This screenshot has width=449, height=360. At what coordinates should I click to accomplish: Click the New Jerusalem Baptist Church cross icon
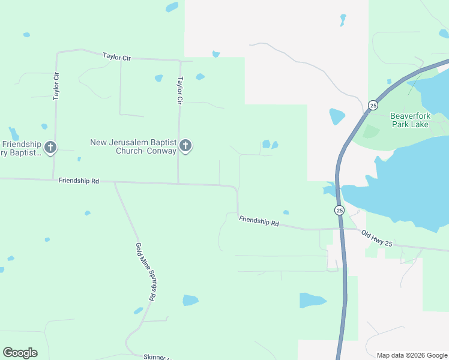click(185, 146)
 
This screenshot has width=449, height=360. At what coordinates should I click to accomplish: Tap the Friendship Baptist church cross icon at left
click(50, 147)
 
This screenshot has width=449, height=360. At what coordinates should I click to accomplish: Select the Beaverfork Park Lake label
click(410, 120)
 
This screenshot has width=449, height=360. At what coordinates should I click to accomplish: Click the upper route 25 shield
click(373, 105)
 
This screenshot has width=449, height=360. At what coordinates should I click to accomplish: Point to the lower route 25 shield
click(339, 210)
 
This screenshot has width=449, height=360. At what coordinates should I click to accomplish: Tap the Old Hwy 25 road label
click(376, 238)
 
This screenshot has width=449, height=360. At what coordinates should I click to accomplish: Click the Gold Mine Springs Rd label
click(145, 272)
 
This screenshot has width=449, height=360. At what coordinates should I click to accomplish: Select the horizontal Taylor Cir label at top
click(116, 56)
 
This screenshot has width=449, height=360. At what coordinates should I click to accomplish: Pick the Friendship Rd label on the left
click(79, 181)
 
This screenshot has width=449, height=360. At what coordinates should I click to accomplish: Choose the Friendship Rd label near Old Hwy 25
click(259, 221)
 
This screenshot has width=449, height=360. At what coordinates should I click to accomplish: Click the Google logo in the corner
click(20, 353)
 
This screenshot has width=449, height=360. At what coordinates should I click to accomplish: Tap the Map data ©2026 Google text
click(412, 355)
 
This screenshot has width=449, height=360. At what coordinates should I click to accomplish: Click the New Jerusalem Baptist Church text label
click(133, 146)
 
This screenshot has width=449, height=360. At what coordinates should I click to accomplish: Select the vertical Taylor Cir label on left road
click(56, 85)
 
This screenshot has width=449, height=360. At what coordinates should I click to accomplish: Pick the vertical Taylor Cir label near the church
click(179, 91)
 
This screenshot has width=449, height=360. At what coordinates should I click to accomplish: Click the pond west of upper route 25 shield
click(337, 116)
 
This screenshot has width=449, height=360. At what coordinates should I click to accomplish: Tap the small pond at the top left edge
click(172, 7)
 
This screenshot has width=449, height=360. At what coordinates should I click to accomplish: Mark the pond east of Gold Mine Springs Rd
click(190, 300)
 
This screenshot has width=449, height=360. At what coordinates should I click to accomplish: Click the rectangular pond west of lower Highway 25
click(312, 300)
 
